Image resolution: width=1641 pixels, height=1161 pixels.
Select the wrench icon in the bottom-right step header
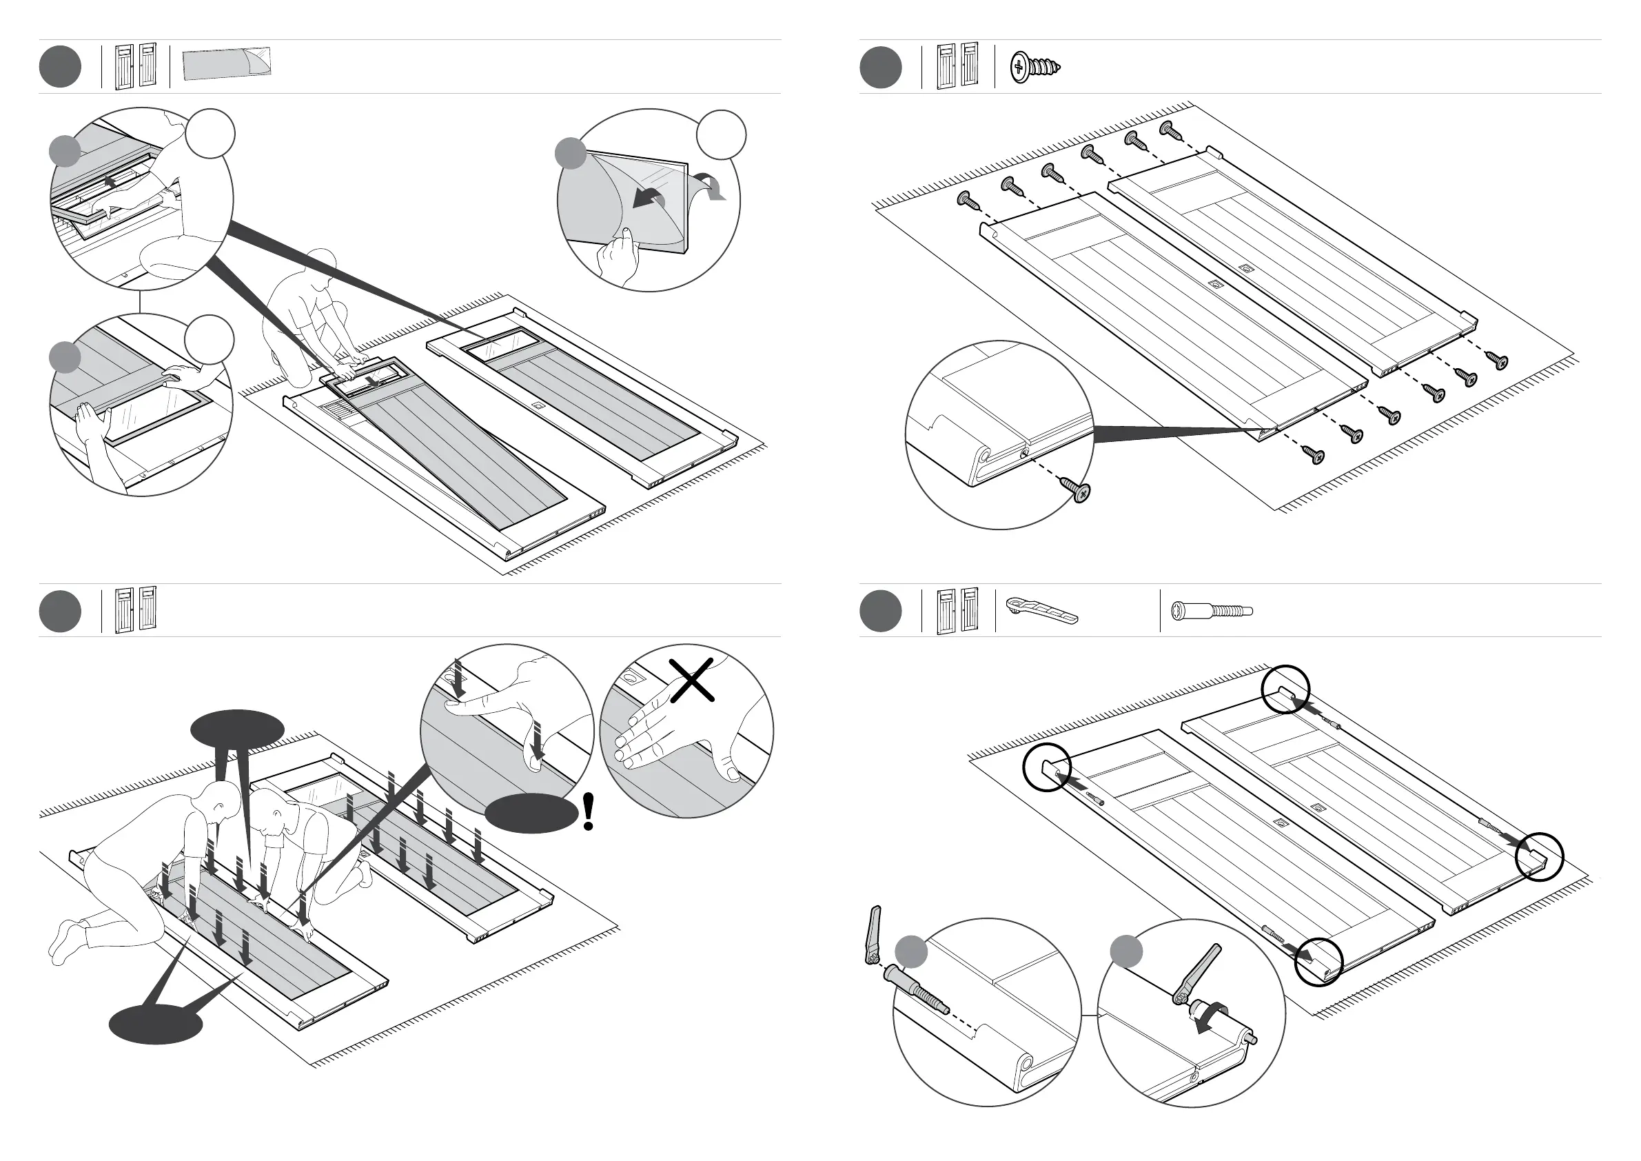pyautogui.click(x=1040, y=610)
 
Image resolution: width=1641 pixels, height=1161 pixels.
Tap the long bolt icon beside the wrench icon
pyautogui.click(x=1212, y=612)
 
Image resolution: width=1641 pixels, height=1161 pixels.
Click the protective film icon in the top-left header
pyautogui.click(x=227, y=64)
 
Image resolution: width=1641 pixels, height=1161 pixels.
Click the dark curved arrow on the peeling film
pyautogui.click(x=649, y=197)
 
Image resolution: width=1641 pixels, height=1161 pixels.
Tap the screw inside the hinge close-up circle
pyautogui.click(x=1079, y=489)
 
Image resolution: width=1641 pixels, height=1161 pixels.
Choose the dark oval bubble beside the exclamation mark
pyautogui.click(x=531, y=813)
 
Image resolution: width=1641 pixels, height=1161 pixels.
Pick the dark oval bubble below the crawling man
pyautogui.click(x=156, y=1024)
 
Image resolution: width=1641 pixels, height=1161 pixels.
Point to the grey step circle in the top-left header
pyautogui.click(x=60, y=66)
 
